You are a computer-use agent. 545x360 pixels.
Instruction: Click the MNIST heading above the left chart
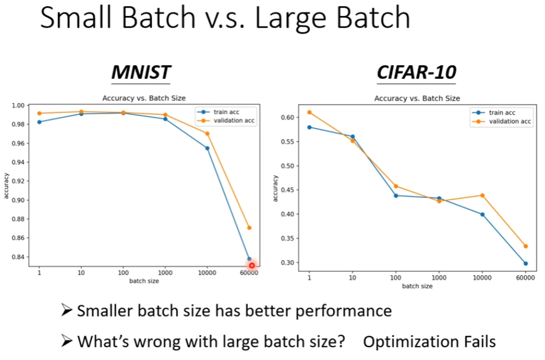tap(141, 72)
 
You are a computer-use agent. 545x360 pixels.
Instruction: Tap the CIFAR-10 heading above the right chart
tap(417, 72)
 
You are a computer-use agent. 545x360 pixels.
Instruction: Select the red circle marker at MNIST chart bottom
tap(252, 265)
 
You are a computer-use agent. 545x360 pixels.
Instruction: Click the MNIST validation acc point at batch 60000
tap(249, 228)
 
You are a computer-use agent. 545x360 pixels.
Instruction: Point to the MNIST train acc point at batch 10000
tap(207, 148)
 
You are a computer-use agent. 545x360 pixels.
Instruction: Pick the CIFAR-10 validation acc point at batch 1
tap(310, 112)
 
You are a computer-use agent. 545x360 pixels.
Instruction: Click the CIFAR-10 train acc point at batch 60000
tap(525, 264)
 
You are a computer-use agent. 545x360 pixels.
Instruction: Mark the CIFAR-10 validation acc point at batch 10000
tap(482, 195)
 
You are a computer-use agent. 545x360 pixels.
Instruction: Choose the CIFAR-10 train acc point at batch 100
tap(396, 195)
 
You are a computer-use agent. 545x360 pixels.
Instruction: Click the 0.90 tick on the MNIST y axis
tap(18, 200)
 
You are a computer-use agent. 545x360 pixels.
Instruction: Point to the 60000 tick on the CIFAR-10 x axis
tap(525, 278)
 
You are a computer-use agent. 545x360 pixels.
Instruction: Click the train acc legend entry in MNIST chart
tap(226, 112)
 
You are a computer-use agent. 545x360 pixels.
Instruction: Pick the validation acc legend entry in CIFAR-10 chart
tap(510, 121)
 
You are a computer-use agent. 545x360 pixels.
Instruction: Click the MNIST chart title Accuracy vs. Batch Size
tap(144, 98)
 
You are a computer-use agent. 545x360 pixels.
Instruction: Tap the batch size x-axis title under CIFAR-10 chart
tap(417, 286)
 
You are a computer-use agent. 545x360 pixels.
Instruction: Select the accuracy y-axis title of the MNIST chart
tap(7, 185)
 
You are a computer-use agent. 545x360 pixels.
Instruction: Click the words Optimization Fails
tap(429, 341)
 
